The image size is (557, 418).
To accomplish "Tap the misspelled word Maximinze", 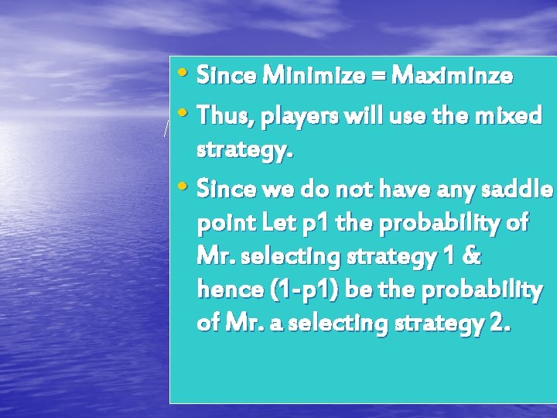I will [452, 76].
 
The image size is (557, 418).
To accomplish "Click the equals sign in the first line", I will [381, 77].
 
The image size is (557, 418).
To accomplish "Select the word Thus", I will [226, 116].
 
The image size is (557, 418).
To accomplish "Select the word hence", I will [230, 293].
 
